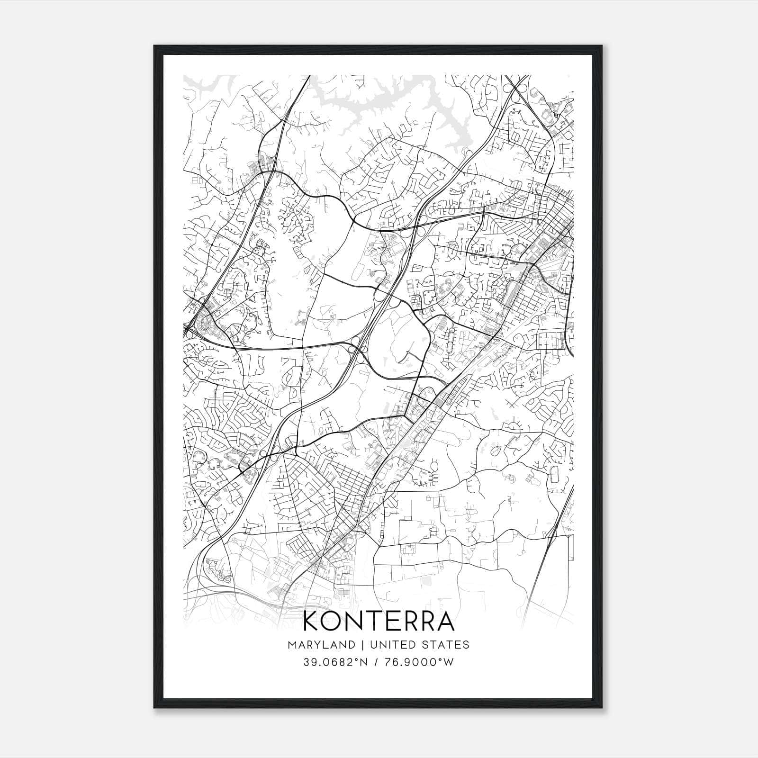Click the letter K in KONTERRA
pos(312,622)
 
